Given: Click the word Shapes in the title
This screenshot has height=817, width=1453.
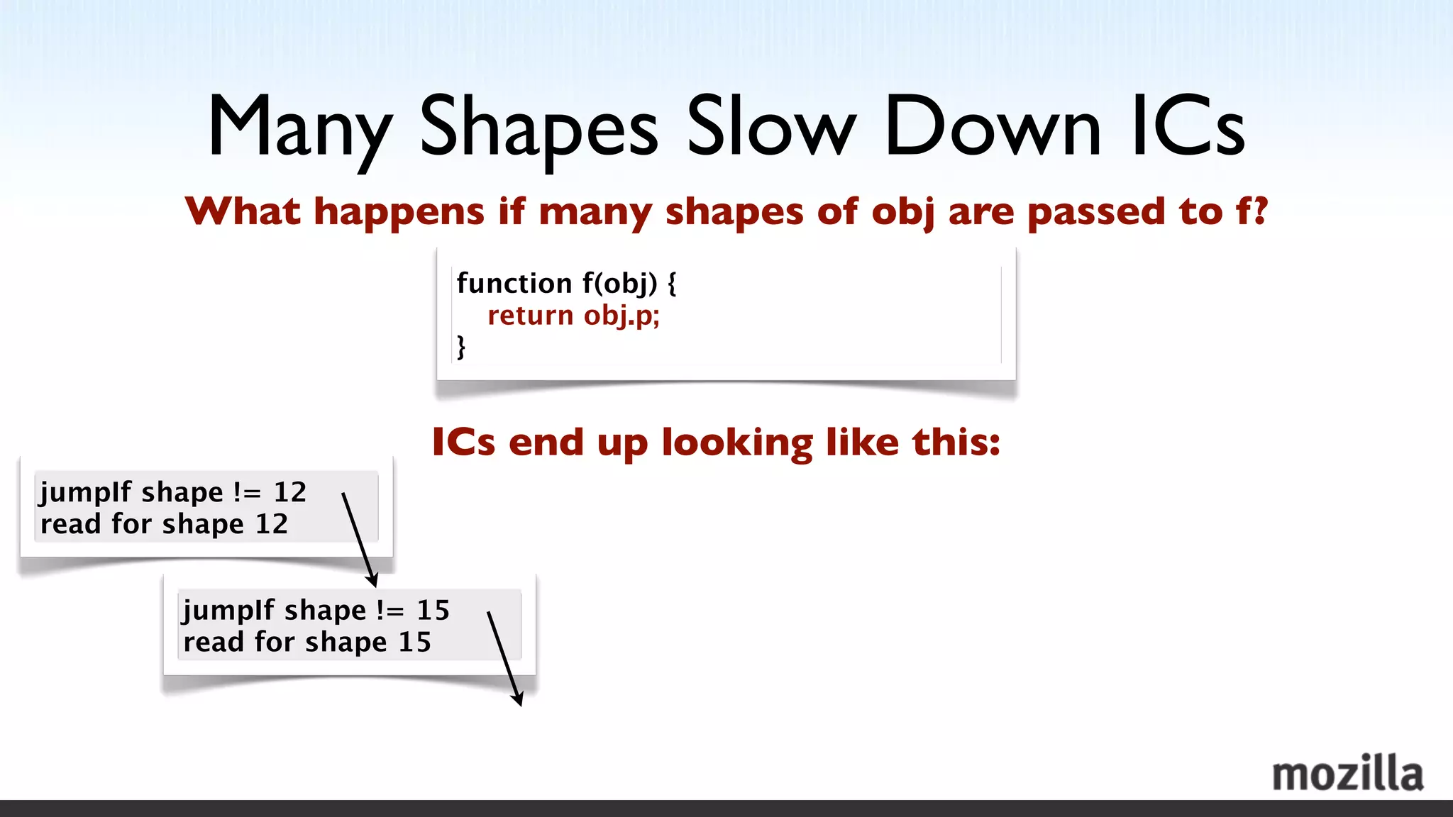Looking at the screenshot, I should pyautogui.click(x=539, y=128).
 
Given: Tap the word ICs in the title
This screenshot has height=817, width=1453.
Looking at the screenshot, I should pyautogui.click(x=1188, y=128).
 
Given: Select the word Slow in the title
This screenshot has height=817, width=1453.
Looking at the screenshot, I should pyautogui.click(x=771, y=128).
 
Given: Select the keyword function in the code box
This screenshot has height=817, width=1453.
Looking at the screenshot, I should pyautogui.click(x=514, y=283).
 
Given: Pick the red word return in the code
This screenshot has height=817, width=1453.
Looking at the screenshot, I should pyautogui.click(x=530, y=315).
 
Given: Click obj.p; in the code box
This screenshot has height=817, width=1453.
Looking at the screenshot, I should pyautogui.click(x=621, y=316).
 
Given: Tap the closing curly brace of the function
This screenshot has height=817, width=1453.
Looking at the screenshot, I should pyautogui.click(x=461, y=347).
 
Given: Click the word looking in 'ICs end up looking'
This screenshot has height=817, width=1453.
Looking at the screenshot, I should pyautogui.click(x=737, y=443).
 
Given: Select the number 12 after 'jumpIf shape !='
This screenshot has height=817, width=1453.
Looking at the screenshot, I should pyautogui.click(x=290, y=492).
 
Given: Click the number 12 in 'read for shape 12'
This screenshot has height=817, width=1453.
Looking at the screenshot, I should pyautogui.click(x=272, y=524).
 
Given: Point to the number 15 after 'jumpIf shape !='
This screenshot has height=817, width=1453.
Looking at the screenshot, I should pyautogui.click(x=433, y=611).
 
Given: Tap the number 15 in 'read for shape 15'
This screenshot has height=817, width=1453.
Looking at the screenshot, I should pyautogui.click(x=414, y=643).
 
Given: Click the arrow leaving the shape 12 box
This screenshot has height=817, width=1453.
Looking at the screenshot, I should pyautogui.click(x=358, y=539).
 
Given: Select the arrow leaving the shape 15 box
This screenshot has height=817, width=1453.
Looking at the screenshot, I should pyautogui.click(x=504, y=657).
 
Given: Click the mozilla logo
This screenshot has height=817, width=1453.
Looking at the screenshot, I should pyautogui.click(x=1347, y=774).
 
